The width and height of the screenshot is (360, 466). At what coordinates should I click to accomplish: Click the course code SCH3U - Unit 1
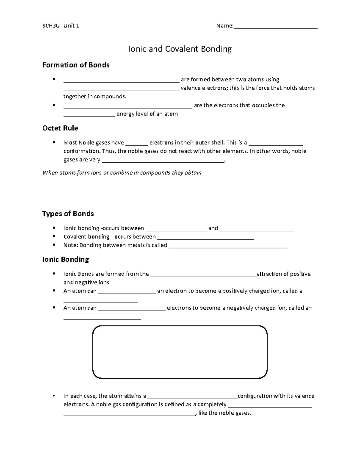[x=61, y=26]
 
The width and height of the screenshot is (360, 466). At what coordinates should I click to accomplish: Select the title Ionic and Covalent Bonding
[x=180, y=49]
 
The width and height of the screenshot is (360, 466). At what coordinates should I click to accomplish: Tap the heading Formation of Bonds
[x=76, y=65]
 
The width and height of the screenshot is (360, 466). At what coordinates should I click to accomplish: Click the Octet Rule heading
[x=60, y=128]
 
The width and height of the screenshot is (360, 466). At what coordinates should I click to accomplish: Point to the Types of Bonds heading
[x=68, y=214]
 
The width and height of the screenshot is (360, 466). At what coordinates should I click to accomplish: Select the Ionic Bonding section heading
[x=65, y=259]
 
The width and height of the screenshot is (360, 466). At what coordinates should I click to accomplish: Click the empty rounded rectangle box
[x=180, y=352]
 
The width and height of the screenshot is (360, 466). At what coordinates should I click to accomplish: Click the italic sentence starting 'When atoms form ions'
[x=122, y=173]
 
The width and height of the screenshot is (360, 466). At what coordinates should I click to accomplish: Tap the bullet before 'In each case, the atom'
[x=54, y=396]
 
